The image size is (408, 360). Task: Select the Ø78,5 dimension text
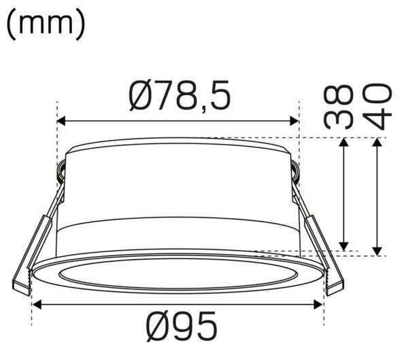point(180,95)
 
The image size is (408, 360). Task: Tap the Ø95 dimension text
point(182,326)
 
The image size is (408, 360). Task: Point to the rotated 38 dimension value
point(339,107)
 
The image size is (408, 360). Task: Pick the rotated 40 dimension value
point(377,107)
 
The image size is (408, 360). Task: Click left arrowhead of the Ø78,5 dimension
point(61,121)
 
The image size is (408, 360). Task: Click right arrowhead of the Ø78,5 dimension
point(294,121)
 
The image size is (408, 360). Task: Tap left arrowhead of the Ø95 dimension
point(37,304)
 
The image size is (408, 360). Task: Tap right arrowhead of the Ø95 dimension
point(318,304)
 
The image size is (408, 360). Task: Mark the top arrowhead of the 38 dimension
point(344,142)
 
